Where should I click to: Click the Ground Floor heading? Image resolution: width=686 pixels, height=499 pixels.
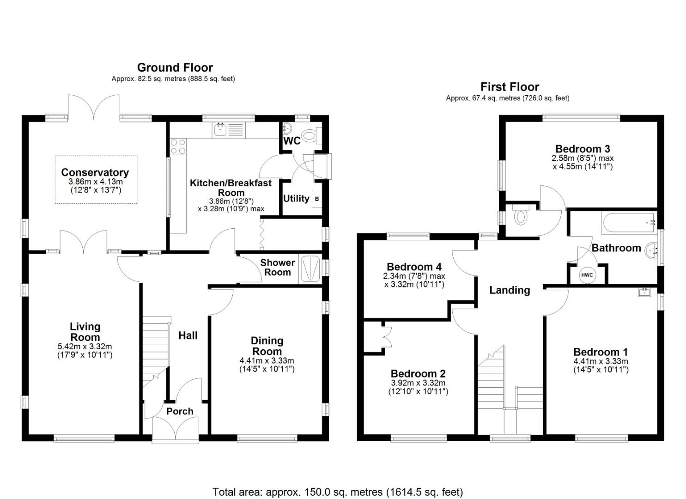point(175,67)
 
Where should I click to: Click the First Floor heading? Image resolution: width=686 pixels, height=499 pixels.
point(510,87)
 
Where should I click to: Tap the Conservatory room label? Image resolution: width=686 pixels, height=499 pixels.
point(95,172)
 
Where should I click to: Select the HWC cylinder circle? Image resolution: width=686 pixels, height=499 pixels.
point(587,275)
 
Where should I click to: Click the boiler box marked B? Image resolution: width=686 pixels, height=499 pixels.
point(316,199)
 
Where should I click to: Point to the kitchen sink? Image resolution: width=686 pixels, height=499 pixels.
point(220,130)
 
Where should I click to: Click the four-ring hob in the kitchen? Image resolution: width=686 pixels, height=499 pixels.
point(178,146)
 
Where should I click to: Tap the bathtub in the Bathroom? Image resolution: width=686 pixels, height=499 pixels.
point(628,223)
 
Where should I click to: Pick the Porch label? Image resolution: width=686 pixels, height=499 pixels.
point(180,411)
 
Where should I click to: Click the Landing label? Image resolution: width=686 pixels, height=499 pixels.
point(510,290)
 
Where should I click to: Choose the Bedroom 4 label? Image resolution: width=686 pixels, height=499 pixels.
point(414,267)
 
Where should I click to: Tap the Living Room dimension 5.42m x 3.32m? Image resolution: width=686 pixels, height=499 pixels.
point(85,347)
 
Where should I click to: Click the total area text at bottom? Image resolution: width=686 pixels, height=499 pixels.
point(337,492)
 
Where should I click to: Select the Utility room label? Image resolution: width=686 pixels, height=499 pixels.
point(296,199)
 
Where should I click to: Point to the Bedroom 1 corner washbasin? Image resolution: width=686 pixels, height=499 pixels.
point(644,292)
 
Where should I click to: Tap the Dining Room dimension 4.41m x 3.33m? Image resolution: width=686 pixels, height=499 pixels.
point(267,361)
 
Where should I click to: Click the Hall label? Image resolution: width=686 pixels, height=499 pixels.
point(188,335)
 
